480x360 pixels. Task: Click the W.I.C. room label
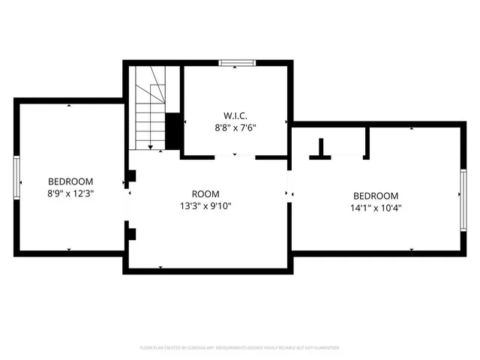235,115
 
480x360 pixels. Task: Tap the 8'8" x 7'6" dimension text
235,127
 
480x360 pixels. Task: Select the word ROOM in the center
205,193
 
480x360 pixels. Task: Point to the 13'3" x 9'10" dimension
205,205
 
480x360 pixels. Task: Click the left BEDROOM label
70,181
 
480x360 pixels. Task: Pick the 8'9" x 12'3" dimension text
70,193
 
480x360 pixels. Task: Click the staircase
150,105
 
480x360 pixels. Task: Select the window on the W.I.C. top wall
237,62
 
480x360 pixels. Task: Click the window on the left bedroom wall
16,178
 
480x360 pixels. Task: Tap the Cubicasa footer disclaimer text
240,348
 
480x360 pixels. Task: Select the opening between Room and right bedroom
289,193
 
